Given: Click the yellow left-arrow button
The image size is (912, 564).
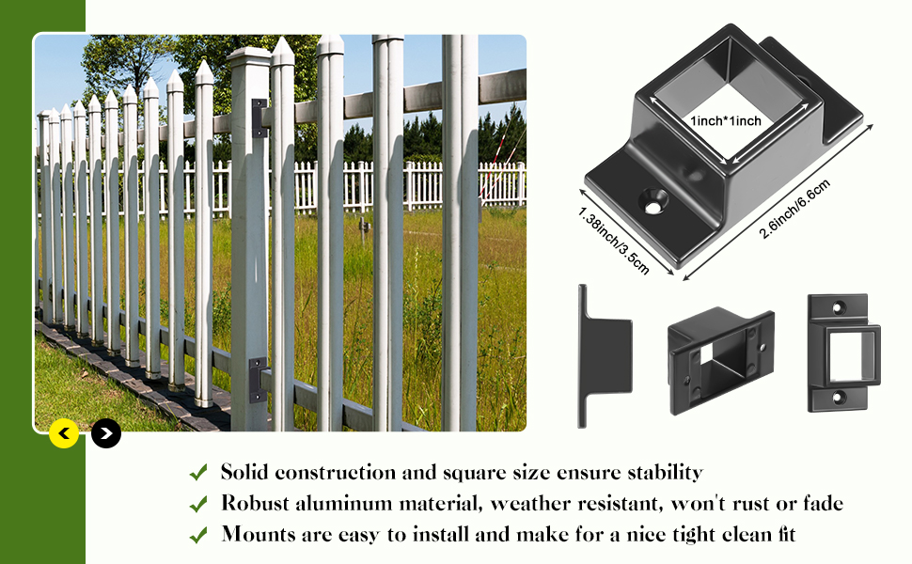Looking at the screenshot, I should pos(64,433).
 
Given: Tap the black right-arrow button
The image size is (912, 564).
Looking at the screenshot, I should pos(106,433).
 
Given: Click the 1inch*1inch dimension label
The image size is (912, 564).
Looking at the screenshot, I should pos(726,121).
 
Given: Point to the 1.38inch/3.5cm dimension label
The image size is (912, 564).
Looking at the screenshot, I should pos(613,241).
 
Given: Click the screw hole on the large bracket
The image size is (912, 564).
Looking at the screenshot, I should pos(654,198).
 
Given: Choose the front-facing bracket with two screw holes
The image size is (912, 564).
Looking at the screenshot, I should pos(844,352).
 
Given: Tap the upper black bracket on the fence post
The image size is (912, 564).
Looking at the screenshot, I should pos(259,118).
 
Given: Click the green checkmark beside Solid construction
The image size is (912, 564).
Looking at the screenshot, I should pos(198,472).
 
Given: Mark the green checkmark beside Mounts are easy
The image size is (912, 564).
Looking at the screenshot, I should pos(198,535).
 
